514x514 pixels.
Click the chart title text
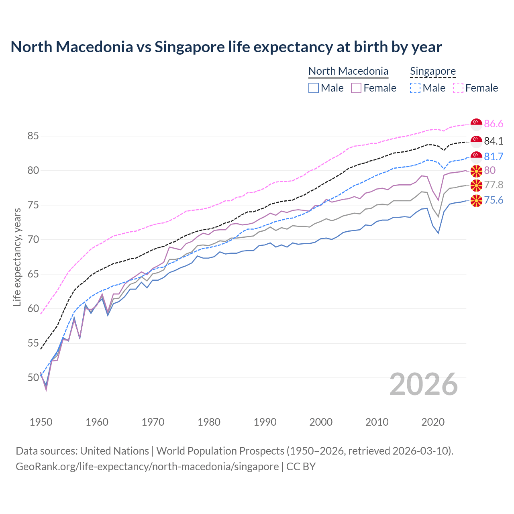pyautogui.click(x=226, y=47)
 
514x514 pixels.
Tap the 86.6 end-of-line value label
pyautogui.click(x=494, y=124)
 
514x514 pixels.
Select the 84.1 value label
pyautogui.click(x=494, y=141)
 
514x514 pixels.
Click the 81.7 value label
pyautogui.click(x=494, y=157)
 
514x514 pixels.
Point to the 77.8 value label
pyautogui.click(x=494, y=185)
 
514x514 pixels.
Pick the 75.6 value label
pyautogui.click(x=494, y=200)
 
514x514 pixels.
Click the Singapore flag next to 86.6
pyautogui.click(x=476, y=124)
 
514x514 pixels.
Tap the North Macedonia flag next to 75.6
pyautogui.click(x=476, y=200)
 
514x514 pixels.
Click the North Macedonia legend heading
pyautogui.click(x=348, y=71)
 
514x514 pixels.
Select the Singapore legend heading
pyautogui.click(x=432, y=71)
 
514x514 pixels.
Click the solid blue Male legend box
pyautogui.click(x=314, y=88)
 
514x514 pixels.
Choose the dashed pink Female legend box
pyautogui.click(x=458, y=88)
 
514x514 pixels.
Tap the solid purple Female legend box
pyautogui.click(x=356, y=88)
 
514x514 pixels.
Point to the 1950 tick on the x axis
pyautogui.click(x=41, y=422)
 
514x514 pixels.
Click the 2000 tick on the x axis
pyautogui.click(x=321, y=422)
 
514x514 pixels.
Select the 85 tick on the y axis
pyautogui.click(x=33, y=136)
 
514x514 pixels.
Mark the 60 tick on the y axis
pyautogui.click(x=33, y=309)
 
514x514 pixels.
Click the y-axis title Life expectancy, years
pyautogui.click(x=17, y=257)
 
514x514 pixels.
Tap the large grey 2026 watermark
pyautogui.click(x=423, y=384)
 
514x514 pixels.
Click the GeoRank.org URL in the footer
pyautogui.click(x=147, y=467)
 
